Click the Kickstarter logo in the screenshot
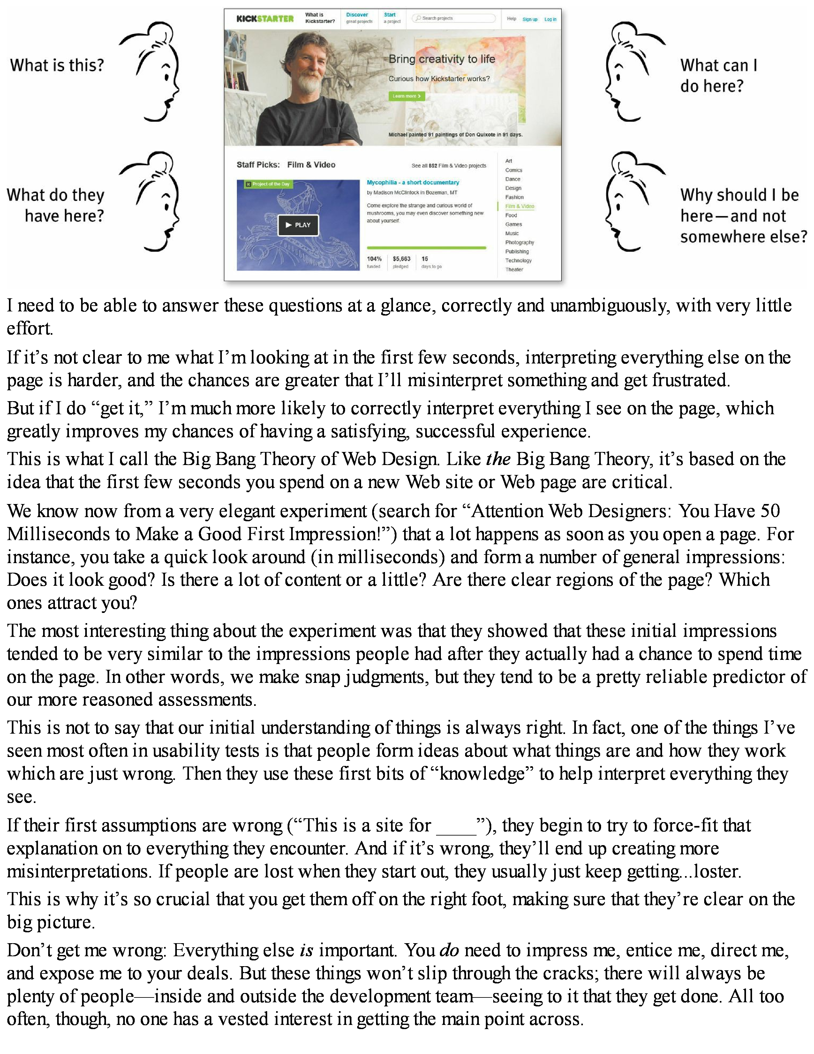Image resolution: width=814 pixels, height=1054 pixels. pyautogui.click(x=265, y=19)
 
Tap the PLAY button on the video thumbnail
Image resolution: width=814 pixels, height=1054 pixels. pyautogui.click(x=298, y=225)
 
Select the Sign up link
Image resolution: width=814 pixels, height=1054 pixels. pyautogui.click(x=530, y=19)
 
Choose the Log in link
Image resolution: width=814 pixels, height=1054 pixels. pyautogui.click(x=550, y=19)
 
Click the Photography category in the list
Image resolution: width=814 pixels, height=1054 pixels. pyautogui.click(x=519, y=242)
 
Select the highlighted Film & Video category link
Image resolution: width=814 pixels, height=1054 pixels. pyautogui.click(x=519, y=206)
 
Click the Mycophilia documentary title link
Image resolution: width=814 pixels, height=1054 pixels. pyautogui.click(x=413, y=182)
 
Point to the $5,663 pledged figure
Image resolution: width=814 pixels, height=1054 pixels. pyautogui.click(x=401, y=259)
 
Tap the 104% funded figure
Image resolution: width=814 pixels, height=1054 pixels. pyautogui.click(x=374, y=259)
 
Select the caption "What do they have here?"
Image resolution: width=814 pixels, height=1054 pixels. pyautogui.click(x=56, y=205)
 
